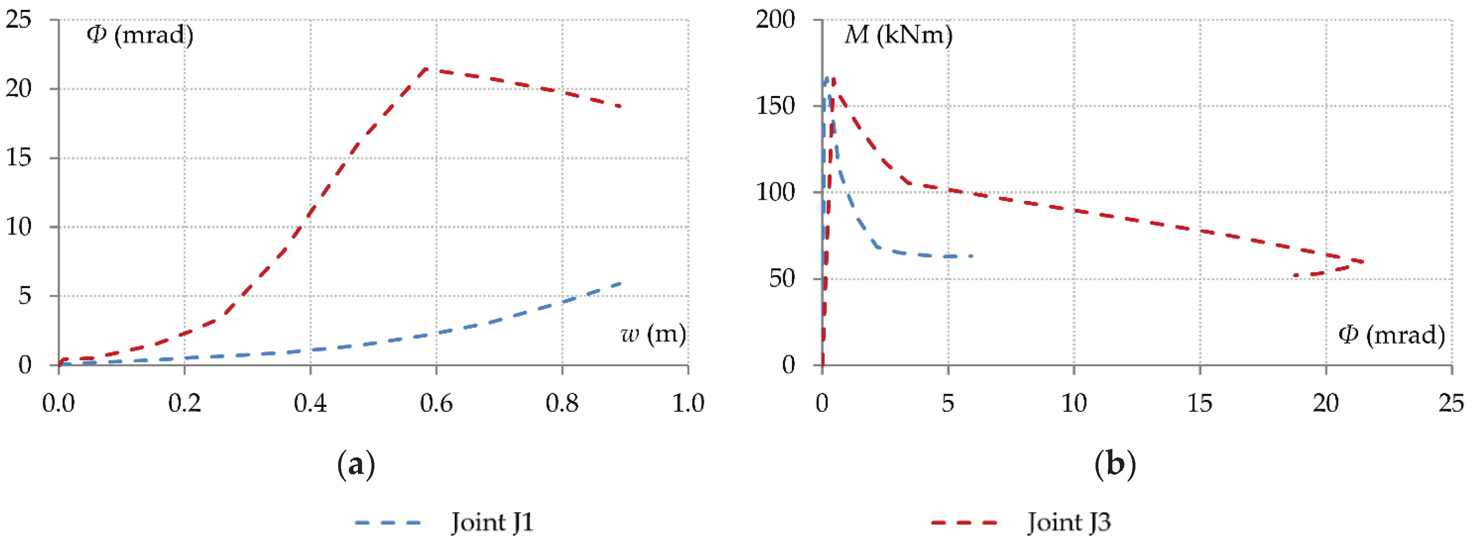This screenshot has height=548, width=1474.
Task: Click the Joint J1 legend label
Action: click(x=492, y=522)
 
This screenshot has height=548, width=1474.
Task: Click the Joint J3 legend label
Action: click(x=1068, y=522)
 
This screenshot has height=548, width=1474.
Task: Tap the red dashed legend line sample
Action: click(x=964, y=522)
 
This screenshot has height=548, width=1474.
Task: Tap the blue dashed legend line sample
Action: click(x=388, y=522)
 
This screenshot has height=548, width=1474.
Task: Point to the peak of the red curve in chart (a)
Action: click(x=426, y=69)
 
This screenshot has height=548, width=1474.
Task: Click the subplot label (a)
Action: click(x=356, y=464)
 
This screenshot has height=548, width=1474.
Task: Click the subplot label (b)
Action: click(x=1114, y=464)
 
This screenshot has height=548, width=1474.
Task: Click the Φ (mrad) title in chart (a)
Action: click(x=140, y=35)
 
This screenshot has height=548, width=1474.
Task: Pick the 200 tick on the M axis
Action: click(x=776, y=20)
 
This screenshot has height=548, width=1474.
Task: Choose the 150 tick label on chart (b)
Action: click(x=776, y=106)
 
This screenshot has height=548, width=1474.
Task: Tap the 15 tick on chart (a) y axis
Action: click(x=19, y=158)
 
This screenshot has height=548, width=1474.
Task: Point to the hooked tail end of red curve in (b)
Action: click(x=1295, y=276)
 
